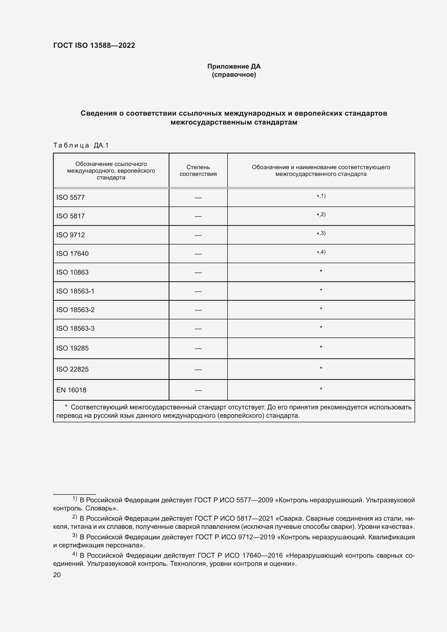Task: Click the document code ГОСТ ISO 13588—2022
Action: [94, 45]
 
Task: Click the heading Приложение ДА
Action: [234, 66]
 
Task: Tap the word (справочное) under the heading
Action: [234, 75]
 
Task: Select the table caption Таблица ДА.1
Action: [81, 145]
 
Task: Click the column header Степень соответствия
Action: [198, 170]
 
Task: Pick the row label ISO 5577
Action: [71, 197]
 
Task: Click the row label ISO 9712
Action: [71, 235]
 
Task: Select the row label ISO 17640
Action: [72, 253]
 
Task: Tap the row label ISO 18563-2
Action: [75, 310]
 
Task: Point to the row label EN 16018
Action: [71, 390]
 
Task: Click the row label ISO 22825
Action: [72, 369]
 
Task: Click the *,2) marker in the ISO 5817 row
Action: [321, 215]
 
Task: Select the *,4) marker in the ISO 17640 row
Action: [321, 252]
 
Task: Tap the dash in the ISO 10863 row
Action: [198, 273]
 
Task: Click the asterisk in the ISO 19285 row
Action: [321, 347]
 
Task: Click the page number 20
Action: [57, 575]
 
